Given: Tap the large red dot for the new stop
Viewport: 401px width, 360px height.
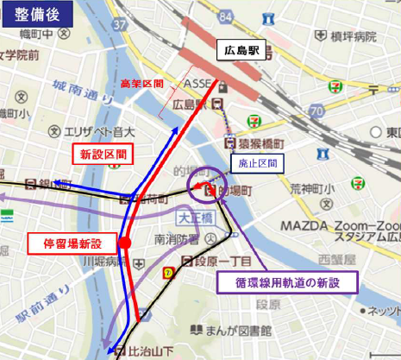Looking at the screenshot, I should [x=124, y=243].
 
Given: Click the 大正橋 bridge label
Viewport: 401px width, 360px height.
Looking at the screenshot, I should [x=193, y=212].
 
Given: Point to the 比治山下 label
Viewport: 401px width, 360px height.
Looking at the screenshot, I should [x=147, y=349].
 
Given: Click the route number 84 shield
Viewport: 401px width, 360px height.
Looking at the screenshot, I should [x=226, y=16].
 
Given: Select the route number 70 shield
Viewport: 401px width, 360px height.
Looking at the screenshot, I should [x=317, y=111].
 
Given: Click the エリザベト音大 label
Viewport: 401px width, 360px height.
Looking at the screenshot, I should [x=95, y=132].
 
